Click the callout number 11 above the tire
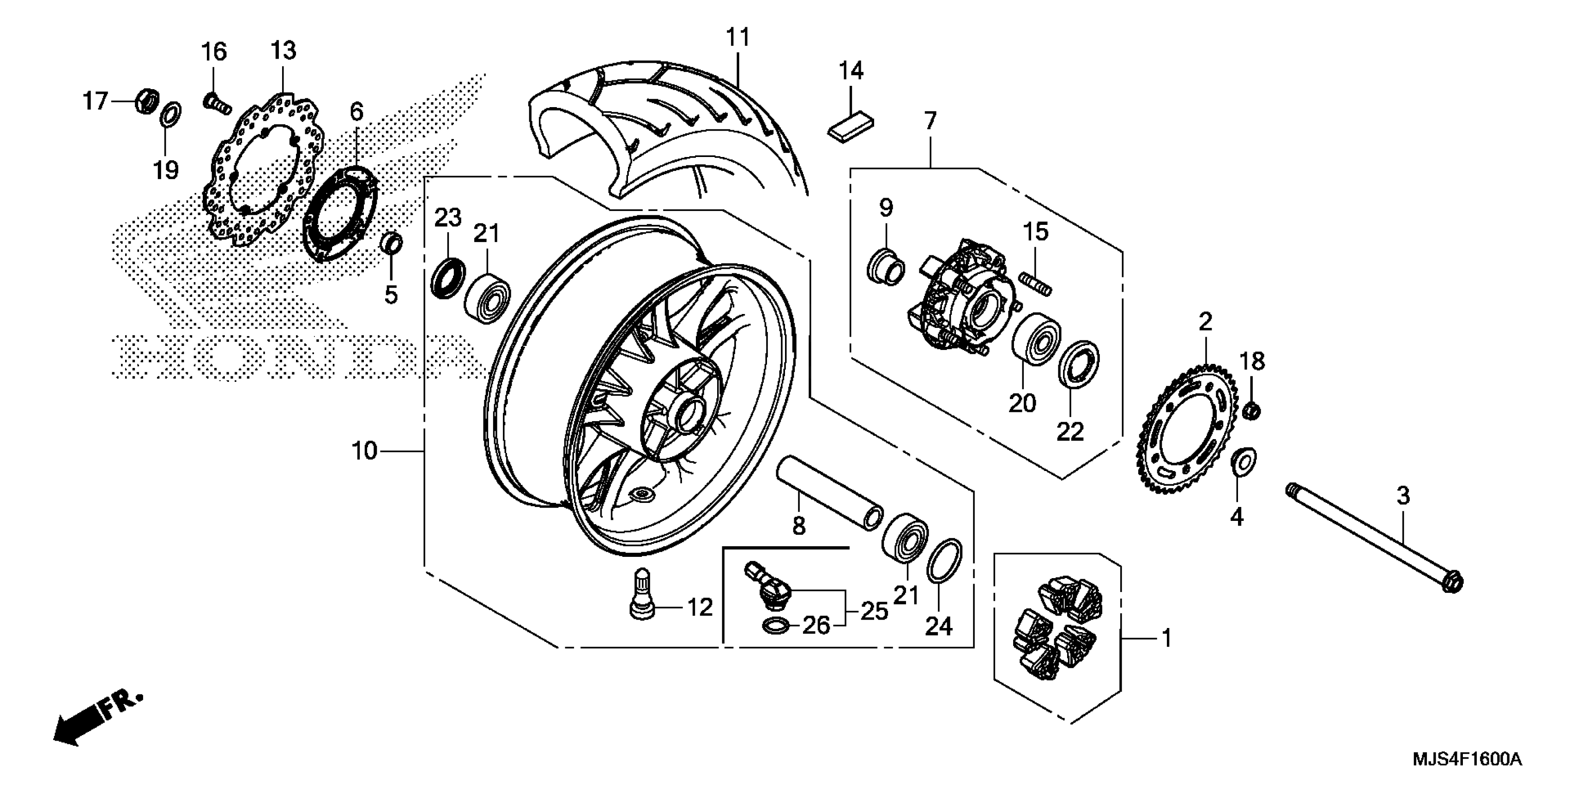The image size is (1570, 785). (x=737, y=38)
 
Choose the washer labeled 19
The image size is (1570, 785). (x=171, y=115)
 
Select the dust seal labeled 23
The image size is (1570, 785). (x=448, y=278)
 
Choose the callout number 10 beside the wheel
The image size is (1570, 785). (x=364, y=452)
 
